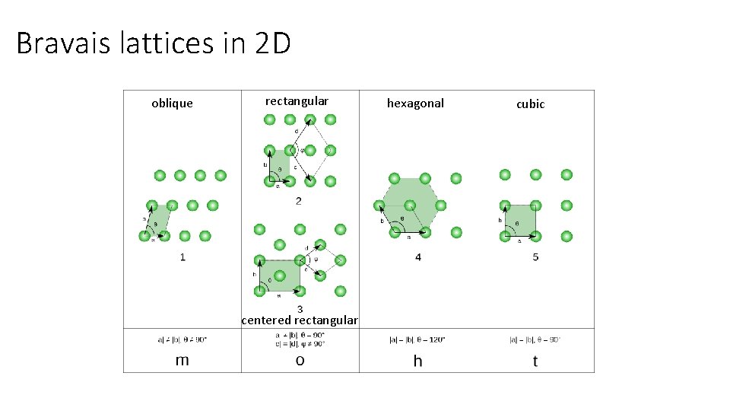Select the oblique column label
click(x=172, y=104)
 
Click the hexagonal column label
click(x=415, y=104)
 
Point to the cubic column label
click(x=530, y=104)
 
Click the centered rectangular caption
click(x=299, y=320)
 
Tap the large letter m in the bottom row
click(x=182, y=360)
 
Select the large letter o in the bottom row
click(x=300, y=360)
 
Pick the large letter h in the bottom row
click(x=417, y=361)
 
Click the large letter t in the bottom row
click(x=535, y=361)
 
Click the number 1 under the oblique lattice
click(x=182, y=257)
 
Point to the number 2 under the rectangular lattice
click(x=299, y=201)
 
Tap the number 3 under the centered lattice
click(x=300, y=308)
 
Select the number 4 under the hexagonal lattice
click(x=417, y=257)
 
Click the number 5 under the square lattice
click(x=535, y=257)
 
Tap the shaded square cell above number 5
click(x=520, y=220)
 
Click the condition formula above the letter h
click(x=417, y=339)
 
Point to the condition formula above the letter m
click(x=182, y=339)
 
